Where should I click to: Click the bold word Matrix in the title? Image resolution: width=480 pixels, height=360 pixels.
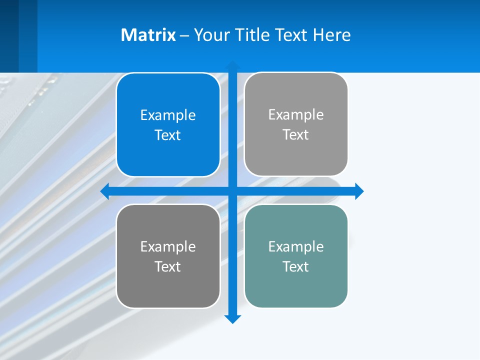pos(148,35)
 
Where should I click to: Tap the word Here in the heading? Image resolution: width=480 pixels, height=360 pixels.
pos(331,35)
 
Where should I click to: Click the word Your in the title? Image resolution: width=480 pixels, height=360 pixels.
pos(211,35)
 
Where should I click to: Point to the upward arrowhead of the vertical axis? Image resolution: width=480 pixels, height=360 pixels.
pos(232,65)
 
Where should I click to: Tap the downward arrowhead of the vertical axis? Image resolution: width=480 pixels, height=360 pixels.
pos(232,318)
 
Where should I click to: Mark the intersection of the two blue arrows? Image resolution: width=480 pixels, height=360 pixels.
pos(232,191)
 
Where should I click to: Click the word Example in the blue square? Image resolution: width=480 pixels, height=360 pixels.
pos(168,115)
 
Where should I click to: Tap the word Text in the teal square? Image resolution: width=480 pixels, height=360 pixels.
pos(296,266)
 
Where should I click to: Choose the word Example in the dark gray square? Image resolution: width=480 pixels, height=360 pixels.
pos(168,246)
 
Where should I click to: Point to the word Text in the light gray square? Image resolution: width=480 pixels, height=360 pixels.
pos(296,134)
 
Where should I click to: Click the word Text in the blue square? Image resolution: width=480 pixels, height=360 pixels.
pos(168,135)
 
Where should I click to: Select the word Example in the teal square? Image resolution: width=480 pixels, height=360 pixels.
pos(296,246)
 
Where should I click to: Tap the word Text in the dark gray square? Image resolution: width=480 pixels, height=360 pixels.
pos(168,266)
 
